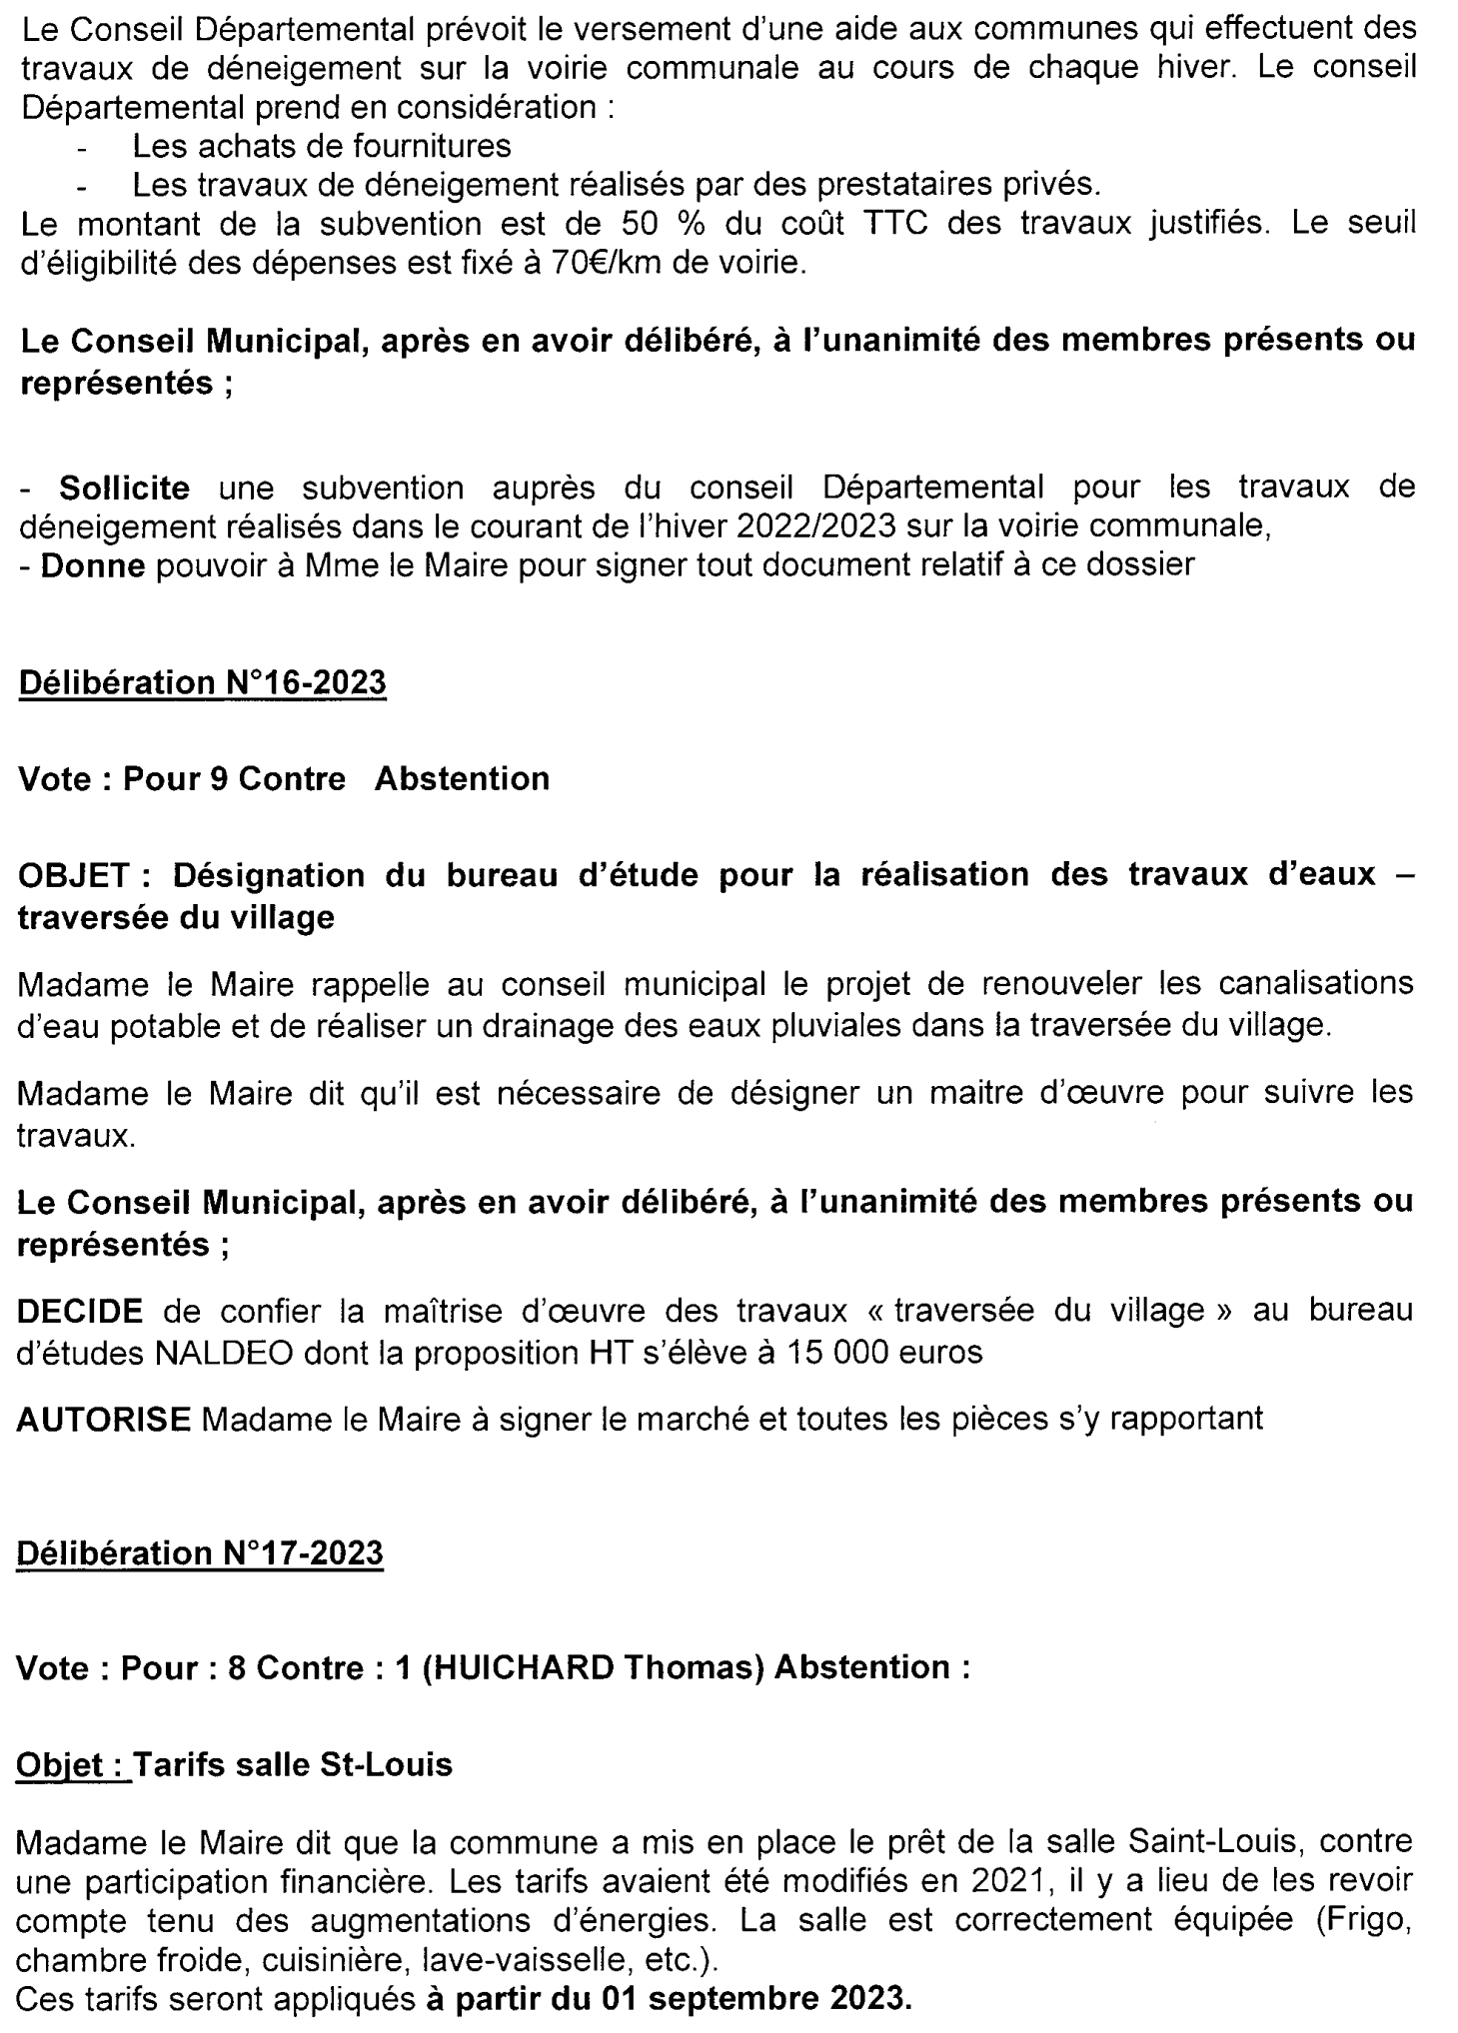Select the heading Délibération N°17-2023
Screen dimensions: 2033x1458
201,1552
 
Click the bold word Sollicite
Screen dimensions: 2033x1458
124,488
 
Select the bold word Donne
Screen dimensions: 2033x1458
94,564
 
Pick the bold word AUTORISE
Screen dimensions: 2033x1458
104,1418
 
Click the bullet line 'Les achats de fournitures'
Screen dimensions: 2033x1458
321,146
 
